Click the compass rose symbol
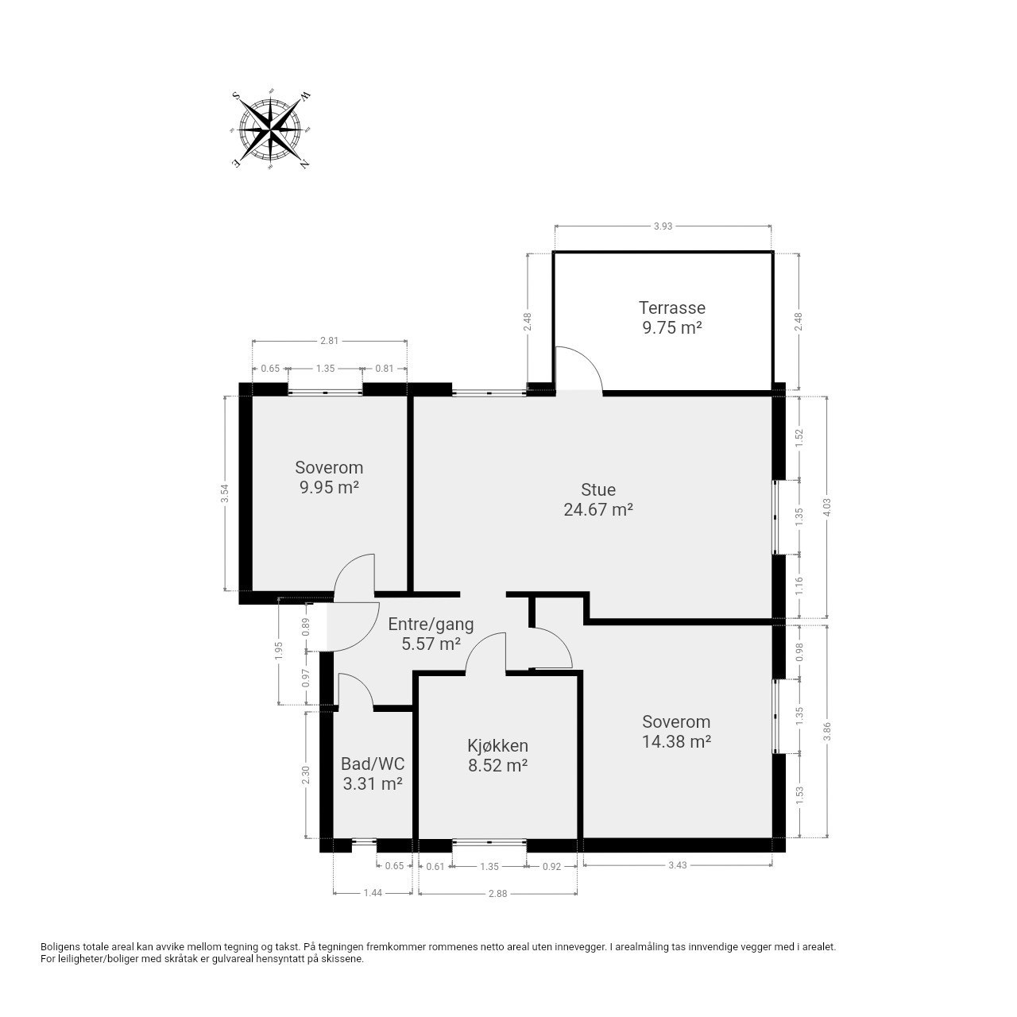(271, 130)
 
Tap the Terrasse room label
(671, 307)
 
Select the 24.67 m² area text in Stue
(598, 510)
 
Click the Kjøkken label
(497, 745)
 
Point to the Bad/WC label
(373, 763)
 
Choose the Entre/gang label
(431, 625)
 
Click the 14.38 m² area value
(676, 741)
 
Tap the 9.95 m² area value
(329, 487)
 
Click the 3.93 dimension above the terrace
(663, 226)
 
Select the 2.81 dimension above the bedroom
(329, 341)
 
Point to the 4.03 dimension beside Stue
(827, 508)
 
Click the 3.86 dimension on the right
(827, 731)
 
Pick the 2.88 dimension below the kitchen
(497, 893)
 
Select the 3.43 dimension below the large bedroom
(677, 865)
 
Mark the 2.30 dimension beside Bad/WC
(307, 775)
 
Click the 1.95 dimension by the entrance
(279, 651)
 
